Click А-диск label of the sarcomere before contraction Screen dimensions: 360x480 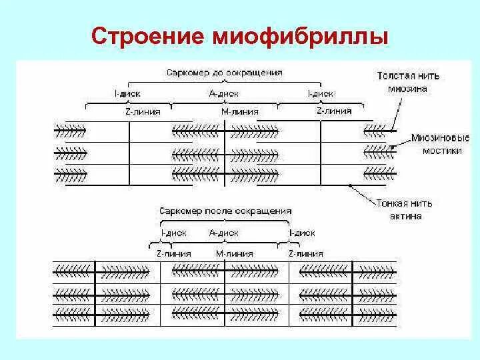pos(224,94)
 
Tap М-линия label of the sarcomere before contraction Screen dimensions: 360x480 pos(239,111)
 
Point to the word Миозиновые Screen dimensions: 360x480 pos(441,138)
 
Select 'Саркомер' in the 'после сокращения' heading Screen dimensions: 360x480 pos(181,211)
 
